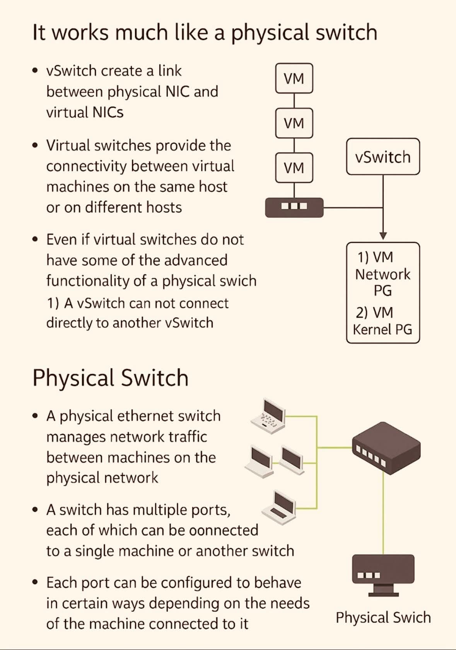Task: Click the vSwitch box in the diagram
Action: [383, 157]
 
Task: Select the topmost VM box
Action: [294, 79]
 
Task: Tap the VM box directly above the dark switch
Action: [294, 168]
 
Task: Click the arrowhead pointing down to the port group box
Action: [383, 236]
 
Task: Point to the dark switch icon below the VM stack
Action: [294, 207]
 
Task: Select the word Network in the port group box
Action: [383, 274]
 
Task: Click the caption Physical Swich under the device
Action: [383, 617]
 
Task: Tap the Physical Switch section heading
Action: [110, 378]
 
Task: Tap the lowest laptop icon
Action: [278, 505]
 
